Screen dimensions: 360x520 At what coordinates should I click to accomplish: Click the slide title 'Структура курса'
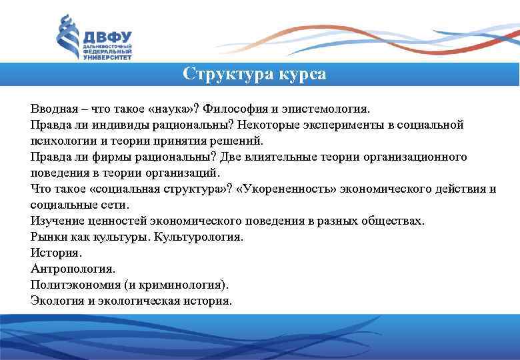pos(255,74)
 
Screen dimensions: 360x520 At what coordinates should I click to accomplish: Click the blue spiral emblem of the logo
pos(67,39)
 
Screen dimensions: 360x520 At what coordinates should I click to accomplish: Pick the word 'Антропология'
pos(73,269)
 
